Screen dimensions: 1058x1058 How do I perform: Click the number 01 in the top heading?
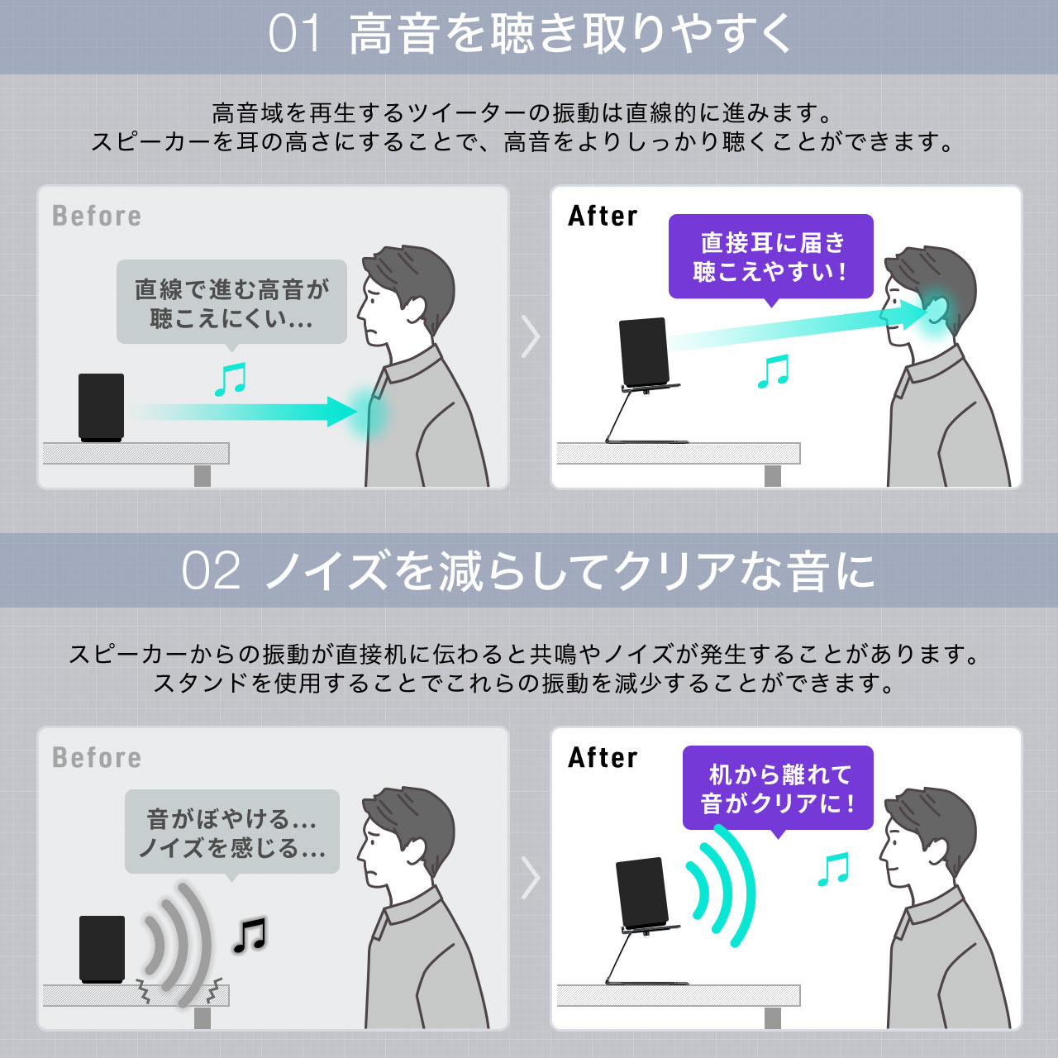coord(293,34)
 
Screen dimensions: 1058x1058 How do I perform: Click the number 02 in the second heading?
coord(211,571)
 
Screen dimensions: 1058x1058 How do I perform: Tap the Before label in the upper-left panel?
coord(97,216)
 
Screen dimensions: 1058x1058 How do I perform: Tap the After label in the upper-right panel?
coord(603,216)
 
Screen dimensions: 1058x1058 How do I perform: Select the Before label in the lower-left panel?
coord(97,758)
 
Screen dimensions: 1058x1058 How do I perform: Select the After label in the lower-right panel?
coord(603,758)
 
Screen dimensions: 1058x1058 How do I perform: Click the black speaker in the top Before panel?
coord(101,407)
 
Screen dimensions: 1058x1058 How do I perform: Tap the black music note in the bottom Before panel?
coord(250,935)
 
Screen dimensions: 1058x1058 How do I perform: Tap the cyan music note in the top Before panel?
coord(230,379)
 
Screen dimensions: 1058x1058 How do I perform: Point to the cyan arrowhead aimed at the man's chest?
coord(341,412)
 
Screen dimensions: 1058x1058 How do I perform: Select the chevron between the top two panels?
coord(531,336)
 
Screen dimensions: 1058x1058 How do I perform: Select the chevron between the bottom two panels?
coord(531,877)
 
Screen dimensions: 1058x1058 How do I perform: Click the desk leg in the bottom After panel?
coord(773,1018)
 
